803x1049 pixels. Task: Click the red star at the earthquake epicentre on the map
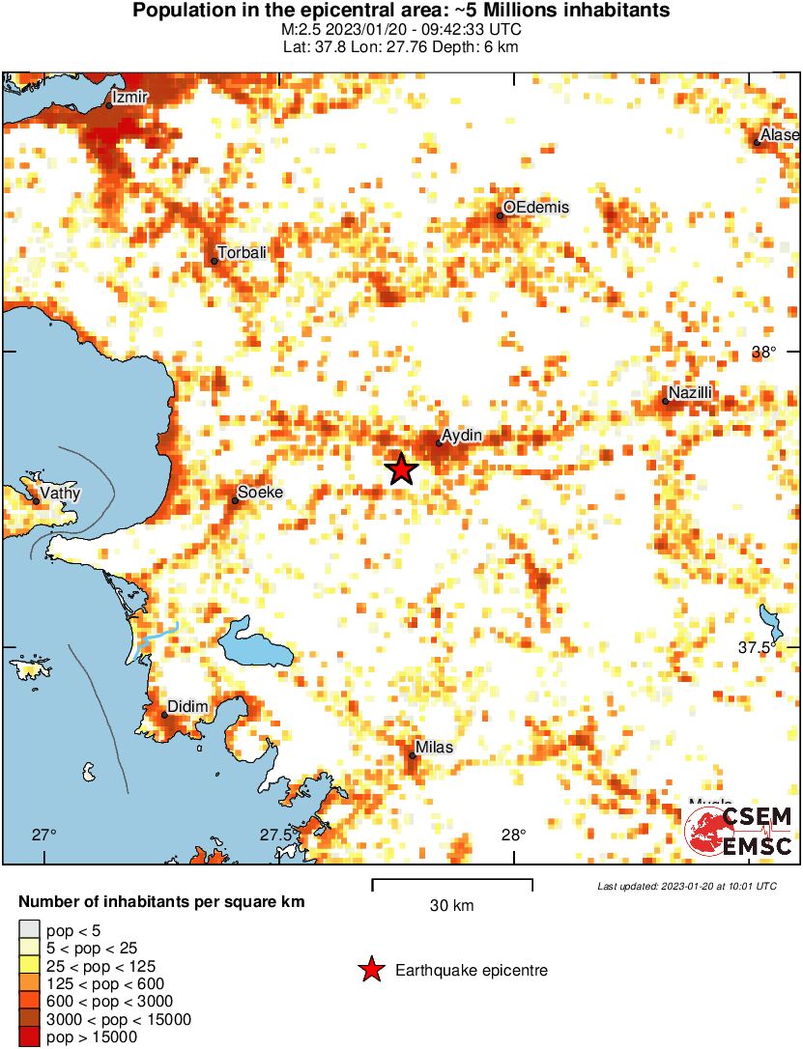(x=401, y=469)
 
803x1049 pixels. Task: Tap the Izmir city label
(x=129, y=98)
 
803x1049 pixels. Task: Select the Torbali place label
(x=242, y=253)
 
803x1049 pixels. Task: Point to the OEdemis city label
(x=536, y=208)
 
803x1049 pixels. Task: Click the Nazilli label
(x=690, y=393)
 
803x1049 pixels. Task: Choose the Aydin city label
(x=461, y=437)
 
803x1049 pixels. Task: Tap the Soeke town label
(x=260, y=493)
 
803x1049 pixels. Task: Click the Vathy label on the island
(x=60, y=494)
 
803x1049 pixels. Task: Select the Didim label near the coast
(x=187, y=708)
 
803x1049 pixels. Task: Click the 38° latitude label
(x=763, y=353)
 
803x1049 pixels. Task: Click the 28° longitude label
(x=512, y=836)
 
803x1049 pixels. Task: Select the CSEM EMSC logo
(x=738, y=831)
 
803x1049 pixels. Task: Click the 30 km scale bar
(x=452, y=881)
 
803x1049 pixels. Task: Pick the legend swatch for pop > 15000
(x=29, y=1037)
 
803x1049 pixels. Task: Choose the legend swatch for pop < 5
(x=29, y=931)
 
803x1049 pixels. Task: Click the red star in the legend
(x=371, y=971)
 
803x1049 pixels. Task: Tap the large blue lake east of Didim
(x=255, y=644)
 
